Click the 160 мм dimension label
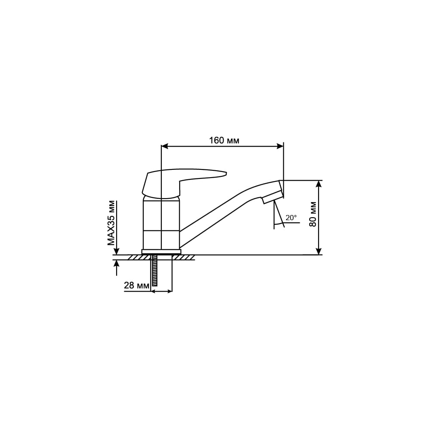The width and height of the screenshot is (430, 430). (x=224, y=141)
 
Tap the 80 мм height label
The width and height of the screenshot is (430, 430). (x=313, y=214)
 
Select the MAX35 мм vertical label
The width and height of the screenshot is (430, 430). (x=111, y=223)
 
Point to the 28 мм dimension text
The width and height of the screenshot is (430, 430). (x=137, y=286)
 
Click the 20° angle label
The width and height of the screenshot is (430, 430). (x=291, y=218)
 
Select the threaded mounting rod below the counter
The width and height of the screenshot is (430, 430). (x=154, y=270)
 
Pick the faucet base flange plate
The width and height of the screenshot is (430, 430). (x=161, y=252)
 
